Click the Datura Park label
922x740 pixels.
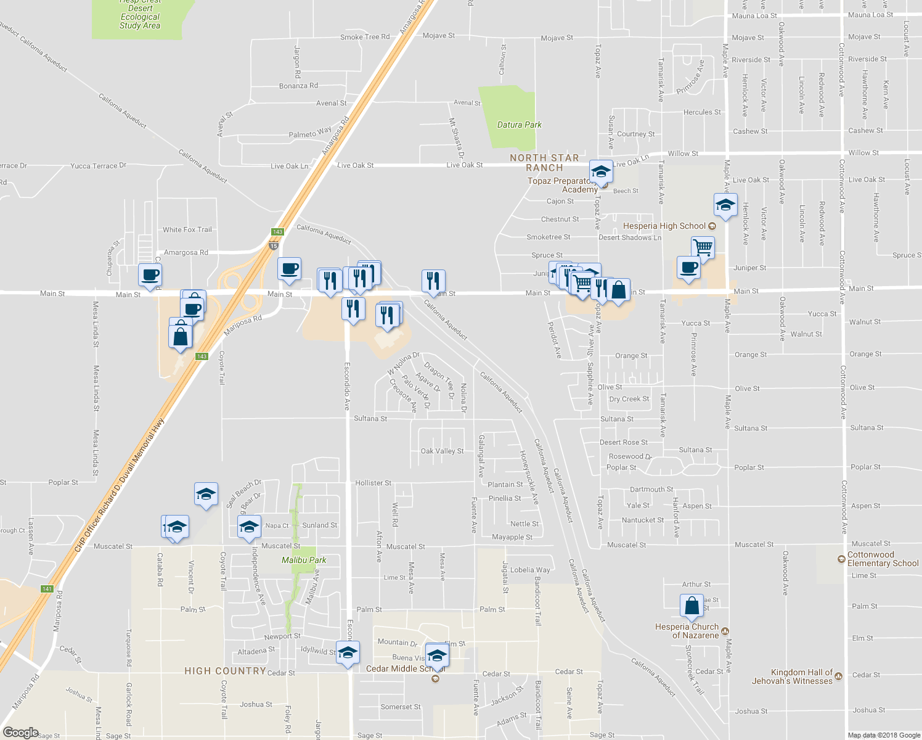(519, 125)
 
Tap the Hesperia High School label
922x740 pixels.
(664, 226)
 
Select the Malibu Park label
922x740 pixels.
(304, 560)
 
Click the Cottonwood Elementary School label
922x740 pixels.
(883, 559)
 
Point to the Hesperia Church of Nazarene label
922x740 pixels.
(687, 631)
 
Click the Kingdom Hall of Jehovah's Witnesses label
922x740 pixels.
(792, 676)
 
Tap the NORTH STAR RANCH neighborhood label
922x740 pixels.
(544, 163)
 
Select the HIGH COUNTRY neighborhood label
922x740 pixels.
(225, 671)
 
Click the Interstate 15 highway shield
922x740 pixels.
(273, 246)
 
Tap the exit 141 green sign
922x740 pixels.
(47, 589)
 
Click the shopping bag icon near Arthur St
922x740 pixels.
(691, 606)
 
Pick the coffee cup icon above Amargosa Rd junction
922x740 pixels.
(289, 269)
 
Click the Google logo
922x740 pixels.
(21, 733)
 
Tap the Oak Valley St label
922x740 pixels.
(442, 451)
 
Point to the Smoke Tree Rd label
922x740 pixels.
(365, 37)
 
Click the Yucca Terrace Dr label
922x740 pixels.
(98, 166)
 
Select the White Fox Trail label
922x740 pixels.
(187, 229)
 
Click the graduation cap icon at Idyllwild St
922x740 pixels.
(348, 653)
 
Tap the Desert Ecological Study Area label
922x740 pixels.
(140, 17)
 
